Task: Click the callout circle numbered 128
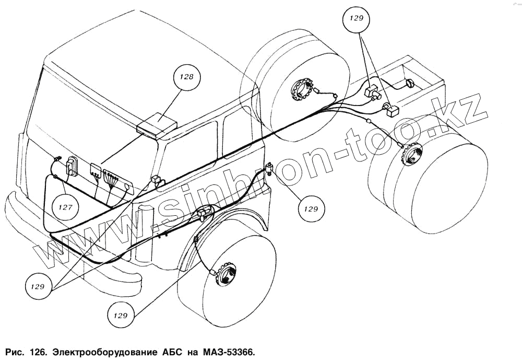click(187, 77)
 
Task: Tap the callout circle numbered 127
click(65, 207)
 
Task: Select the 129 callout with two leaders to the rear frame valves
click(357, 19)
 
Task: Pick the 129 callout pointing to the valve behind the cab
click(311, 208)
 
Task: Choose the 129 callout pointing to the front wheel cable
click(120, 316)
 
